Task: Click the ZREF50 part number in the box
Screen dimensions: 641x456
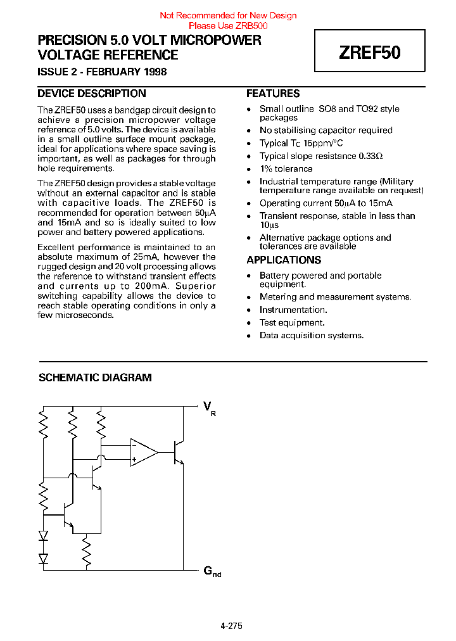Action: [x=370, y=52]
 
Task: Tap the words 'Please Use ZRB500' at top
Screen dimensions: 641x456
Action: [x=228, y=26]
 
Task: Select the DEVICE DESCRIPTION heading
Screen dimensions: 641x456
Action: [x=92, y=94]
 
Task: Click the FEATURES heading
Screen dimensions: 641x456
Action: [x=273, y=94]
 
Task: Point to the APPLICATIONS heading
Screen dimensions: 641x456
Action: [x=284, y=260]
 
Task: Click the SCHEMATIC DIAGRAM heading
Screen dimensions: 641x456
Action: [x=95, y=378]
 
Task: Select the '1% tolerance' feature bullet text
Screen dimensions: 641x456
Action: [x=286, y=169]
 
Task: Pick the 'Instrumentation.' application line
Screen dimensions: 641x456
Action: [x=293, y=310]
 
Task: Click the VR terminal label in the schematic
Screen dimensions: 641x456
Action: [x=209, y=407]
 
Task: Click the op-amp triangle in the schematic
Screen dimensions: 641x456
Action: [x=142, y=452]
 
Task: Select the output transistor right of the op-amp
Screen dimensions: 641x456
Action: [x=179, y=452]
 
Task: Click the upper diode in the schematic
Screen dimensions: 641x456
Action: [x=43, y=535]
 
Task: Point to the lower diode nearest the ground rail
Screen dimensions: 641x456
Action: [x=43, y=558]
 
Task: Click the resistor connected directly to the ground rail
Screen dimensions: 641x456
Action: [x=87, y=553]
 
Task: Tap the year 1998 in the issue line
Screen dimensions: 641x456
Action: [x=155, y=72]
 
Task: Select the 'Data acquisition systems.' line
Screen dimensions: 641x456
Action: [x=312, y=335]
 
